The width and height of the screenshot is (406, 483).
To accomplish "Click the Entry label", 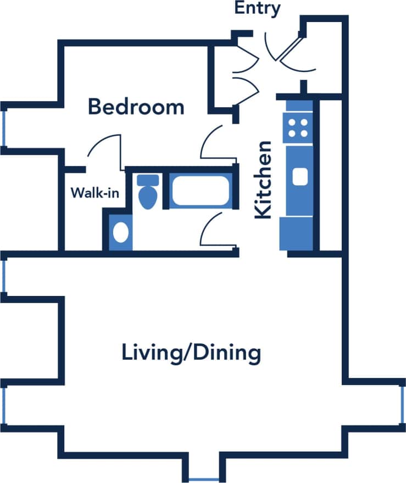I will click(x=257, y=9).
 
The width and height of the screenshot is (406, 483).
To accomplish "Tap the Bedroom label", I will click(x=136, y=107).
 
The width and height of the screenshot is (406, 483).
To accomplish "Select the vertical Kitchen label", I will click(x=263, y=180).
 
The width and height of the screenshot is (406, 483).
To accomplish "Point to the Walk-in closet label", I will click(x=94, y=193).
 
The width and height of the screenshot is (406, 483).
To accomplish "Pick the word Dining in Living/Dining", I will click(x=226, y=352).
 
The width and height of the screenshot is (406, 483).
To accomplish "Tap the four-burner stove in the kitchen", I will click(x=298, y=128).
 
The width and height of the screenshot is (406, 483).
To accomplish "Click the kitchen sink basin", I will click(x=299, y=177).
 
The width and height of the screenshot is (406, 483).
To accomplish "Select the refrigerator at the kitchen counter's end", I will click(x=296, y=234).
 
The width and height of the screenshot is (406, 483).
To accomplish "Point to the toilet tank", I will click(x=147, y=180).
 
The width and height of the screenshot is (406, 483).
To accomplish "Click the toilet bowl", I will click(x=147, y=197).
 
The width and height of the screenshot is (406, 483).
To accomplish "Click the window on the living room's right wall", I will click(x=402, y=404).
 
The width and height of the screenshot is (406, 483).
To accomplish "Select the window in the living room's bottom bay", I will click(x=203, y=478).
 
